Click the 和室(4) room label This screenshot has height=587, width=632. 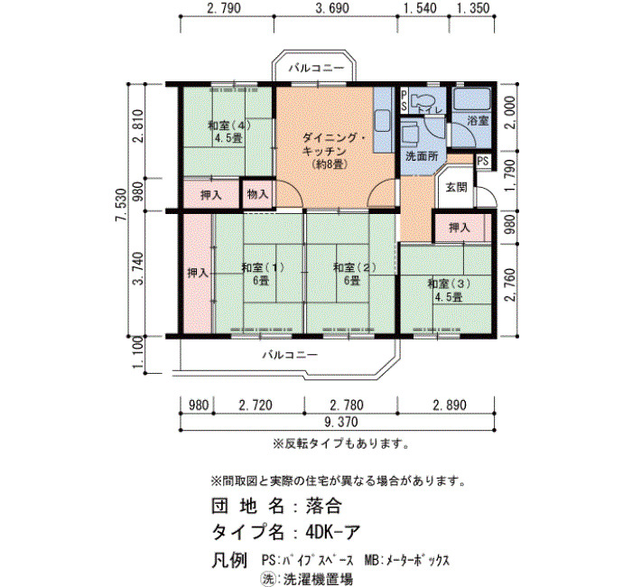[229, 132]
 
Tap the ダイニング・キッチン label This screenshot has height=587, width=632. [334, 145]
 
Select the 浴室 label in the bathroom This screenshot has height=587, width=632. [478, 120]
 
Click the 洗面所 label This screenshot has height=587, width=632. [422, 156]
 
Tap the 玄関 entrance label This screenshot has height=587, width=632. [456, 187]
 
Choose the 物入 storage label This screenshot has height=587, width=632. [257, 194]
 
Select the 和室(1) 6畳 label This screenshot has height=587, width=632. [263, 274]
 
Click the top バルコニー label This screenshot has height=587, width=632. [316, 68]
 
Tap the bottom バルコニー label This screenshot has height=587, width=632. [290, 355]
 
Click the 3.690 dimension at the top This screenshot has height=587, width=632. [332, 8]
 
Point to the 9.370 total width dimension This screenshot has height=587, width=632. [341, 422]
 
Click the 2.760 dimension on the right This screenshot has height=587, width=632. [510, 284]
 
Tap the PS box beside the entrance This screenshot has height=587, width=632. [483, 162]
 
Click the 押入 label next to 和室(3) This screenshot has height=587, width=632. [460, 228]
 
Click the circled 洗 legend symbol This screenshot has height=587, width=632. [267, 579]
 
